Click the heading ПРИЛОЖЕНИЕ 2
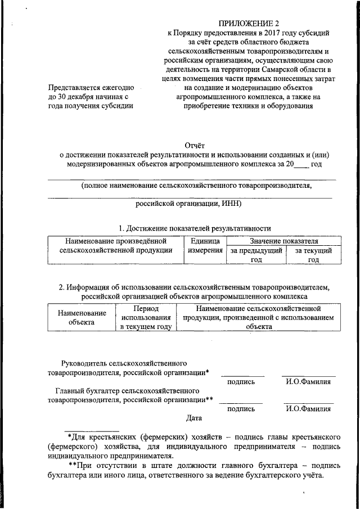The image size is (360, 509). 249,23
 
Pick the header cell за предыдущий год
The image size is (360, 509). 256,255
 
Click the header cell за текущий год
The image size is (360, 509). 313,255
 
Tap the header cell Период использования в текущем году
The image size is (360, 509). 146,318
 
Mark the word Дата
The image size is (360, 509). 194,418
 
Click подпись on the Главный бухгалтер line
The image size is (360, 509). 241,409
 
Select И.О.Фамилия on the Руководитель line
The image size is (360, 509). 308,382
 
